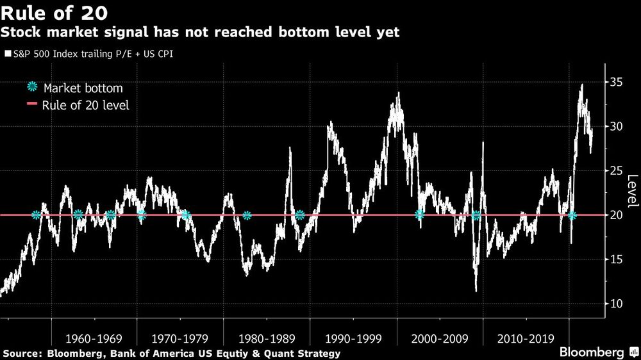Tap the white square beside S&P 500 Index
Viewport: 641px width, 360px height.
click(8, 54)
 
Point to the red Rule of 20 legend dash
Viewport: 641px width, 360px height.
click(32, 105)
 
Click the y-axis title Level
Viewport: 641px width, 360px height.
click(631, 191)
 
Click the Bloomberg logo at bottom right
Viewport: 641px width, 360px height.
click(593, 352)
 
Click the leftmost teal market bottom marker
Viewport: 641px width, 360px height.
click(36, 215)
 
